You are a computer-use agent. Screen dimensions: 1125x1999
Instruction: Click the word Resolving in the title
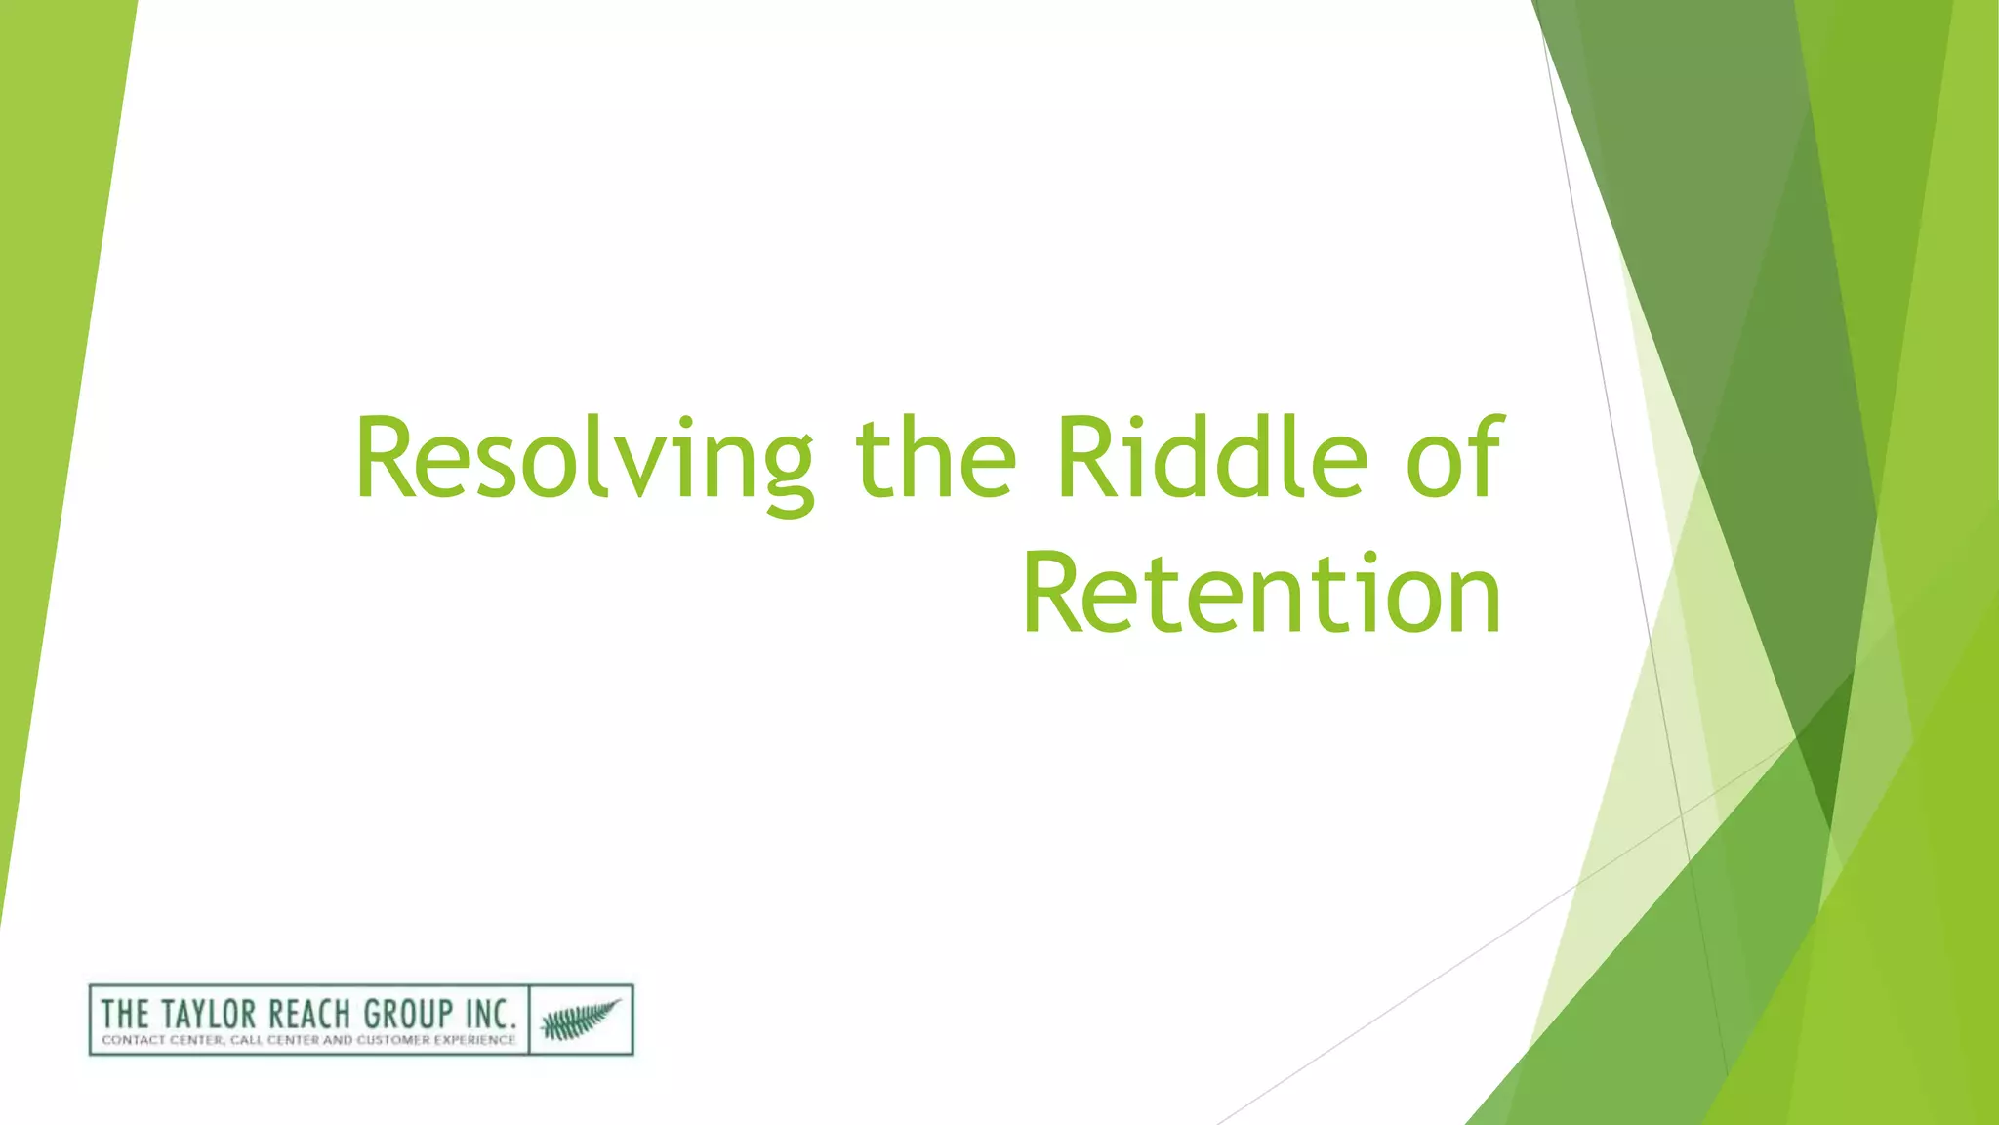coord(584,459)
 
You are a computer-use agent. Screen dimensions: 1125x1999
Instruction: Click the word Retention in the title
coord(1261,594)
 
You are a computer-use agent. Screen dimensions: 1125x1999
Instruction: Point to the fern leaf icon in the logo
coord(581,1020)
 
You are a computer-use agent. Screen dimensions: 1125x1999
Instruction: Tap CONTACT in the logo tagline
coord(133,1041)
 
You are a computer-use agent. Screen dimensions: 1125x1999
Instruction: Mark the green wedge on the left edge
coord(49,391)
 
